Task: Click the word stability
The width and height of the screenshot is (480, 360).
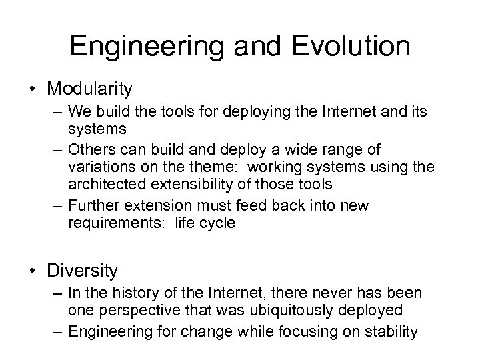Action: pyautogui.click(x=391, y=331)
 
